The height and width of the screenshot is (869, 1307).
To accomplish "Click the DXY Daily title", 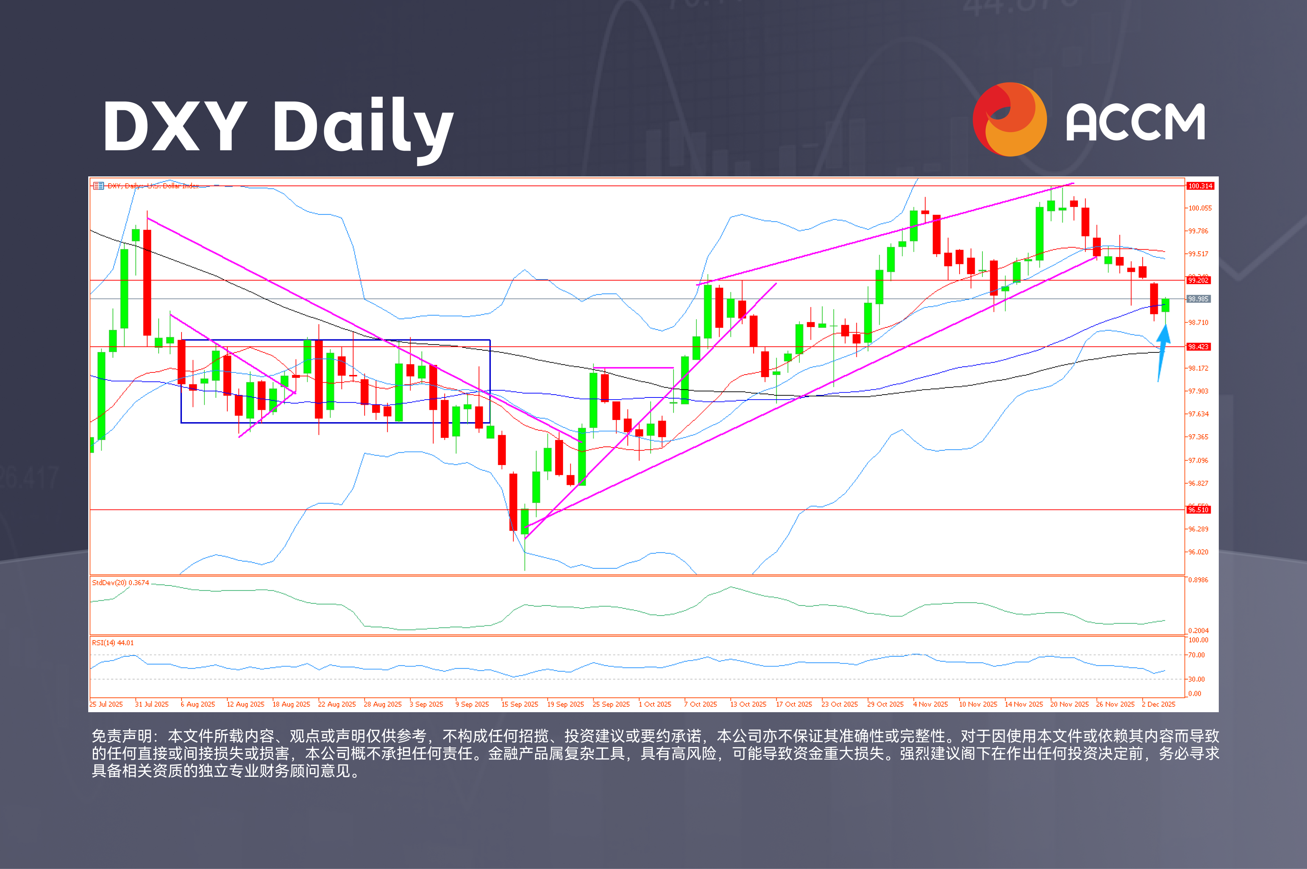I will pos(277,126).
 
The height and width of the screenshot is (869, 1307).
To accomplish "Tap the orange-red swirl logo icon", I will pos(1009,119).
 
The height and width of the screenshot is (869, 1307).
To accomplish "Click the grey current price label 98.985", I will pos(1198,299).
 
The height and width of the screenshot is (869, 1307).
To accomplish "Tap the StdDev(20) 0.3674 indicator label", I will pos(120,583).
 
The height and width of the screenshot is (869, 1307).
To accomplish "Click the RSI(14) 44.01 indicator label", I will pos(113,643).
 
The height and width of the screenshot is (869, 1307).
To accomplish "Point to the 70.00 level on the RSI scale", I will pos(1196,655).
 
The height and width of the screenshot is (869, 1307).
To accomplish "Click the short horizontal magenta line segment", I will pos(634,367).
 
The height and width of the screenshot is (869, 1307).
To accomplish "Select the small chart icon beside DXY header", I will pos(98,185).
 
